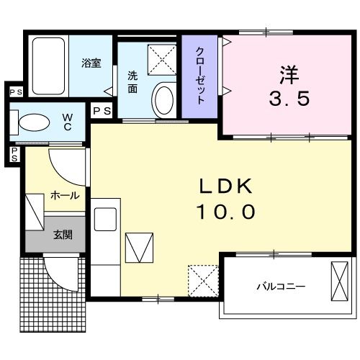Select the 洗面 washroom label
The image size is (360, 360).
click(133, 81)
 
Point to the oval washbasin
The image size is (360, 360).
click(164, 99)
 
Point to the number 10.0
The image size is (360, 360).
click(225, 212)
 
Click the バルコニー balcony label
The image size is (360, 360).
click(281, 287)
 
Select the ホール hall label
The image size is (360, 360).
click(64, 195)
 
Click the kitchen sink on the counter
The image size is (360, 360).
click(106, 217)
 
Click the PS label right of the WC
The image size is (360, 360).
click(102, 110)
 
